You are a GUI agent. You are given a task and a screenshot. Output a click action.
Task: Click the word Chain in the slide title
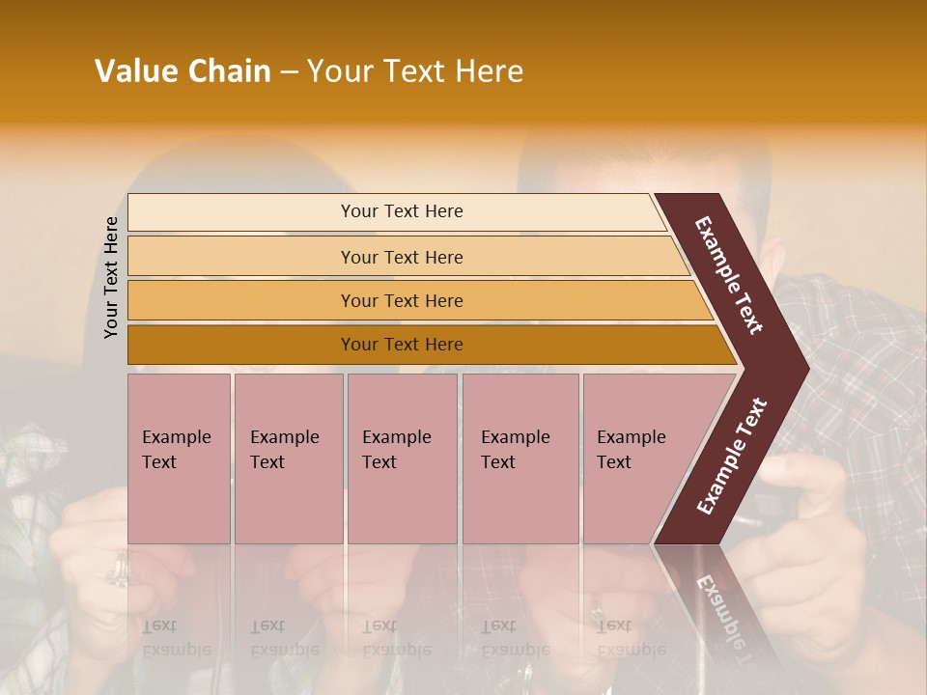(229, 71)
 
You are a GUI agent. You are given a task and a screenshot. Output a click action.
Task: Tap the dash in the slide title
(289, 72)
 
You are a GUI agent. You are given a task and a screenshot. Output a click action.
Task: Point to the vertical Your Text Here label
(111, 277)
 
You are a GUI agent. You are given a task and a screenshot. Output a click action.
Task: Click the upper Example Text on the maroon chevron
(729, 275)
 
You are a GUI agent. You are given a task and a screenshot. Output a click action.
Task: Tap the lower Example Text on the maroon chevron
(731, 457)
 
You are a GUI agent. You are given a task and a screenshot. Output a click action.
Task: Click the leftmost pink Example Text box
(179, 459)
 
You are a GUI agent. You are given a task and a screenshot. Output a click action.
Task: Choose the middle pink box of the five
(402, 459)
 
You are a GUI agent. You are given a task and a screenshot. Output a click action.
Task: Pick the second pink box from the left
(289, 459)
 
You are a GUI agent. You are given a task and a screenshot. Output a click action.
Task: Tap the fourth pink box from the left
(520, 459)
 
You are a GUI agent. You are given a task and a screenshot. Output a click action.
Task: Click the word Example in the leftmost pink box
(176, 437)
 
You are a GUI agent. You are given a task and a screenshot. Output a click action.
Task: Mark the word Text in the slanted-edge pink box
(613, 462)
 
